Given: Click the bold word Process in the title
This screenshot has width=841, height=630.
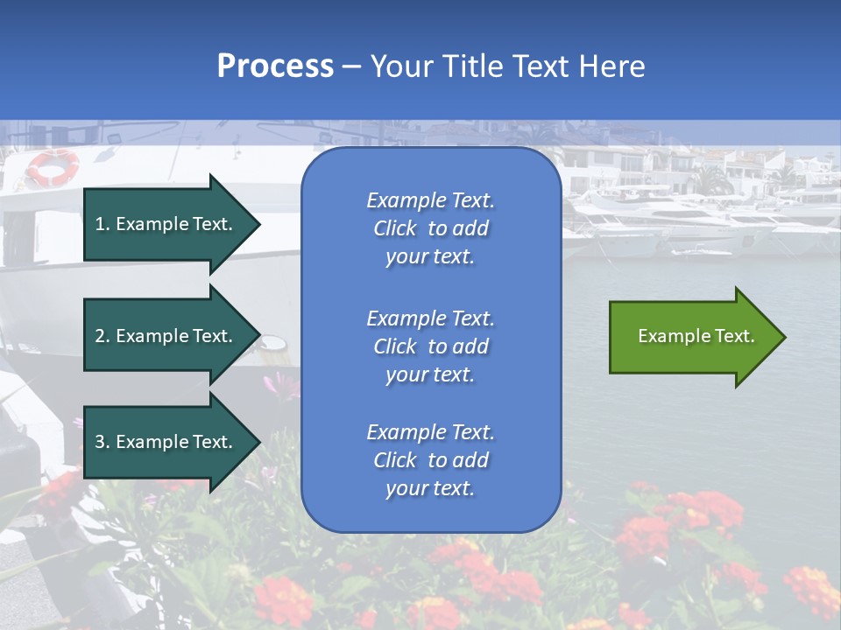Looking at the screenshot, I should pos(275,66).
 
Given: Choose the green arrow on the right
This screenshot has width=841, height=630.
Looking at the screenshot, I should pos(692,337).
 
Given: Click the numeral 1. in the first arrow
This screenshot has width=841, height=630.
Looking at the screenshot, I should pos(102,224).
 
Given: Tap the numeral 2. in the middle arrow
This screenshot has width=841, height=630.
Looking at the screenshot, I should pos(102,336).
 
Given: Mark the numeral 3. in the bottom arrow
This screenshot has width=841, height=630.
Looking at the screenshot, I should pos(102,442).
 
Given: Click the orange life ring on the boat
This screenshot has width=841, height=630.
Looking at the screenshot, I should pos(52,166).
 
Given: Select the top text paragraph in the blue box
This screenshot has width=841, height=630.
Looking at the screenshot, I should pos(430,228).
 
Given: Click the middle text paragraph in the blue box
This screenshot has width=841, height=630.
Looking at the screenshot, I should pos(430,346).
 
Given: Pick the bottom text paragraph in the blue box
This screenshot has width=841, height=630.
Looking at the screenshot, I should pos(430,460).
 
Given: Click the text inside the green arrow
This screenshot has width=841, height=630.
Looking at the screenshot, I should pos(696,336).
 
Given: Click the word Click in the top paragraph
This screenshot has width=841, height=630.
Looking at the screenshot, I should pos(394,228).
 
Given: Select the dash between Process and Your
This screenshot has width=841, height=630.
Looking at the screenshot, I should pos(352,66).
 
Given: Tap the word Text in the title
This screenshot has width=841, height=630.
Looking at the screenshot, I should pos(540,66).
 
